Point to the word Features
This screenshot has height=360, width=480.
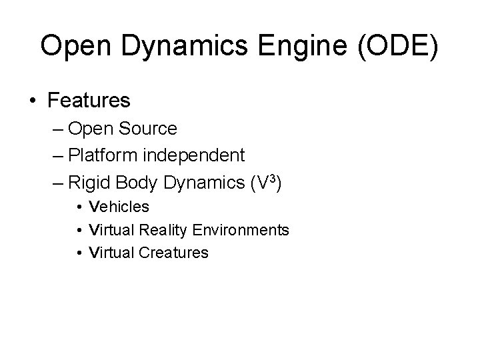pyautogui.click(x=89, y=101)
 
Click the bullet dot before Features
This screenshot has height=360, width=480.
pyautogui.click(x=33, y=101)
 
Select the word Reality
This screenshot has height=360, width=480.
pyautogui.click(x=163, y=230)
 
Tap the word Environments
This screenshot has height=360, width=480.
pyautogui.click(x=241, y=230)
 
